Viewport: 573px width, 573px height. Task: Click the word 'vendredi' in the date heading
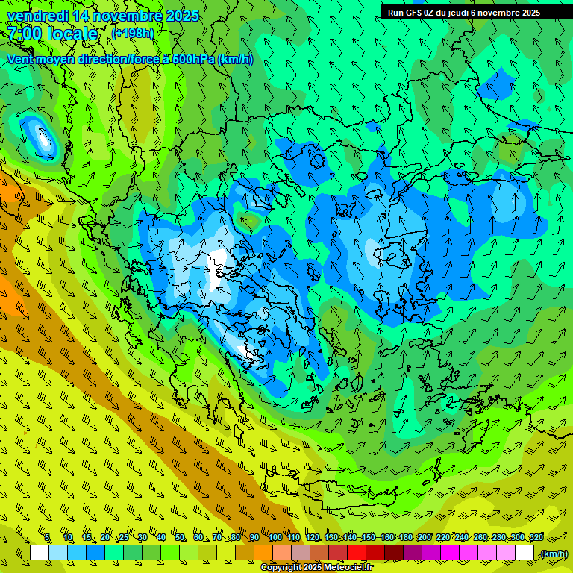pyautogui.click(x=37, y=16)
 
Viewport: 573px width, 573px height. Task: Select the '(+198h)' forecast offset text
pyautogui.click(x=132, y=33)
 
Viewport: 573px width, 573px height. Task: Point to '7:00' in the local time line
pyautogui.click(x=24, y=34)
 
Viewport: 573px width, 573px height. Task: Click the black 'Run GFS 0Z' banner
pyautogui.click(x=473, y=12)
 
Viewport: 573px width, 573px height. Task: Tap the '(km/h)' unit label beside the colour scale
pyautogui.click(x=553, y=554)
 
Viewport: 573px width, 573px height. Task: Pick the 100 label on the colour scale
pyautogui.click(x=275, y=538)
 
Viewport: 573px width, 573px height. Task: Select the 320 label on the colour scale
pyautogui.click(x=536, y=538)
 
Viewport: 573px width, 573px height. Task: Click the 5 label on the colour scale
pyautogui.click(x=47, y=538)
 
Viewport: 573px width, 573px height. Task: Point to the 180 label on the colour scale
pyautogui.click(x=405, y=538)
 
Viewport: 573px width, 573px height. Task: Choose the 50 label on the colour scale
pyautogui.click(x=180, y=538)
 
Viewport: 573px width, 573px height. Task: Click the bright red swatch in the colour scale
pyautogui.click(x=357, y=553)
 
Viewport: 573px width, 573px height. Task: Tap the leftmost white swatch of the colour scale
pyautogui.click(x=40, y=553)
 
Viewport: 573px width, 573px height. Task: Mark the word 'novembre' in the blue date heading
pyautogui.click(x=126, y=16)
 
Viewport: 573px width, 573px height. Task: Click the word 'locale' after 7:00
pyautogui.click(x=73, y=34)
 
